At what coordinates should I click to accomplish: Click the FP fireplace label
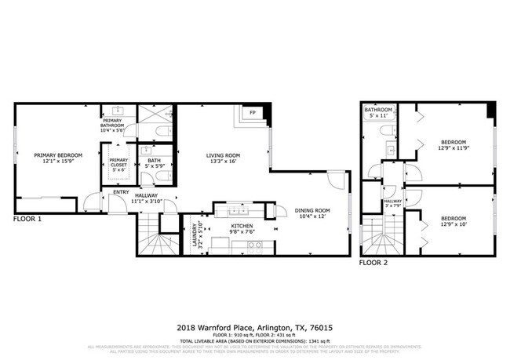pos(253,114)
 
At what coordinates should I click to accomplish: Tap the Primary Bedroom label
pos(58,155)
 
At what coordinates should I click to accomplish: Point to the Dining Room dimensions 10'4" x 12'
pos(311,216)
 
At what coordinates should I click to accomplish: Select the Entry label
pos(121,192)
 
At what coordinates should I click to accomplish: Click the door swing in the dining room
pos(336,182)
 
